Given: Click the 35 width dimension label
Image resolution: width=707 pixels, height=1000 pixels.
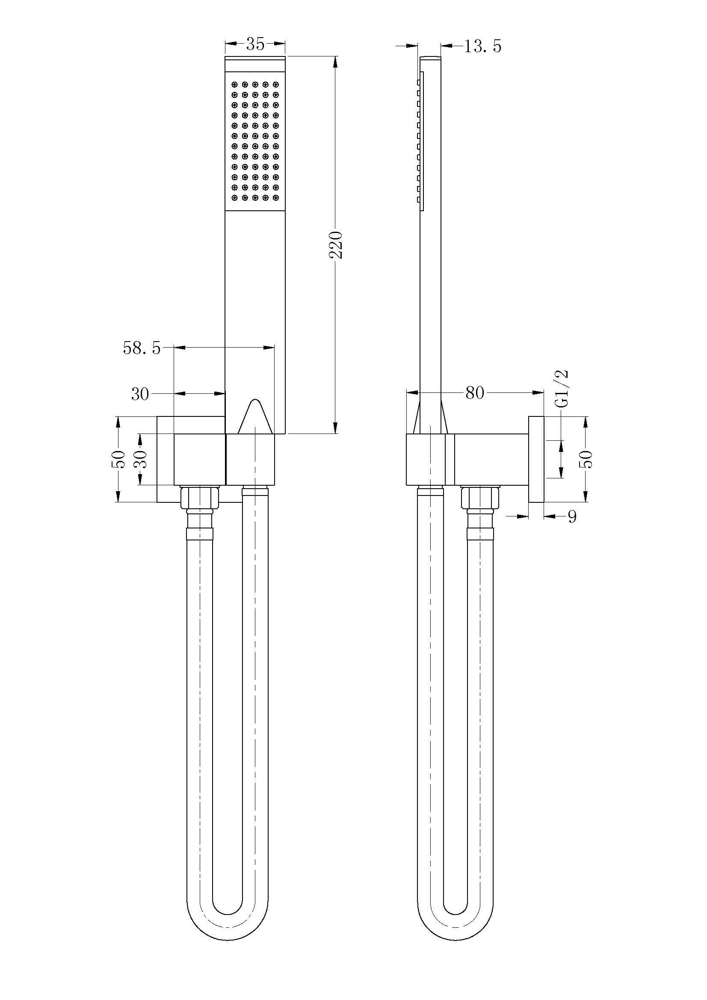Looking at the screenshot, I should coord(255,44).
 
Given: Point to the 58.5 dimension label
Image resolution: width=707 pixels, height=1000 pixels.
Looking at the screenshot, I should coord(142,348).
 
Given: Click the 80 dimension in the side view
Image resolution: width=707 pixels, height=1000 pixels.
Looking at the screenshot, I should coord(474,393).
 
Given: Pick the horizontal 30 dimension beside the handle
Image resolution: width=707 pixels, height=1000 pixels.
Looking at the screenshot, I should coord(140,395).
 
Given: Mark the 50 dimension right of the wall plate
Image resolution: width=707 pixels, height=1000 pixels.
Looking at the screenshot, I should coord(588,459).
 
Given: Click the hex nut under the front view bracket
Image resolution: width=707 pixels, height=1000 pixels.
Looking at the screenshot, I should coord(198,497).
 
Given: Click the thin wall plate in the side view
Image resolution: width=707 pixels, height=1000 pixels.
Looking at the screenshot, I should coord(536,460).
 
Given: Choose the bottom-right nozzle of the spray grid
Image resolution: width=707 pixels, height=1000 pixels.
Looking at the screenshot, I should coord(275,198).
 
